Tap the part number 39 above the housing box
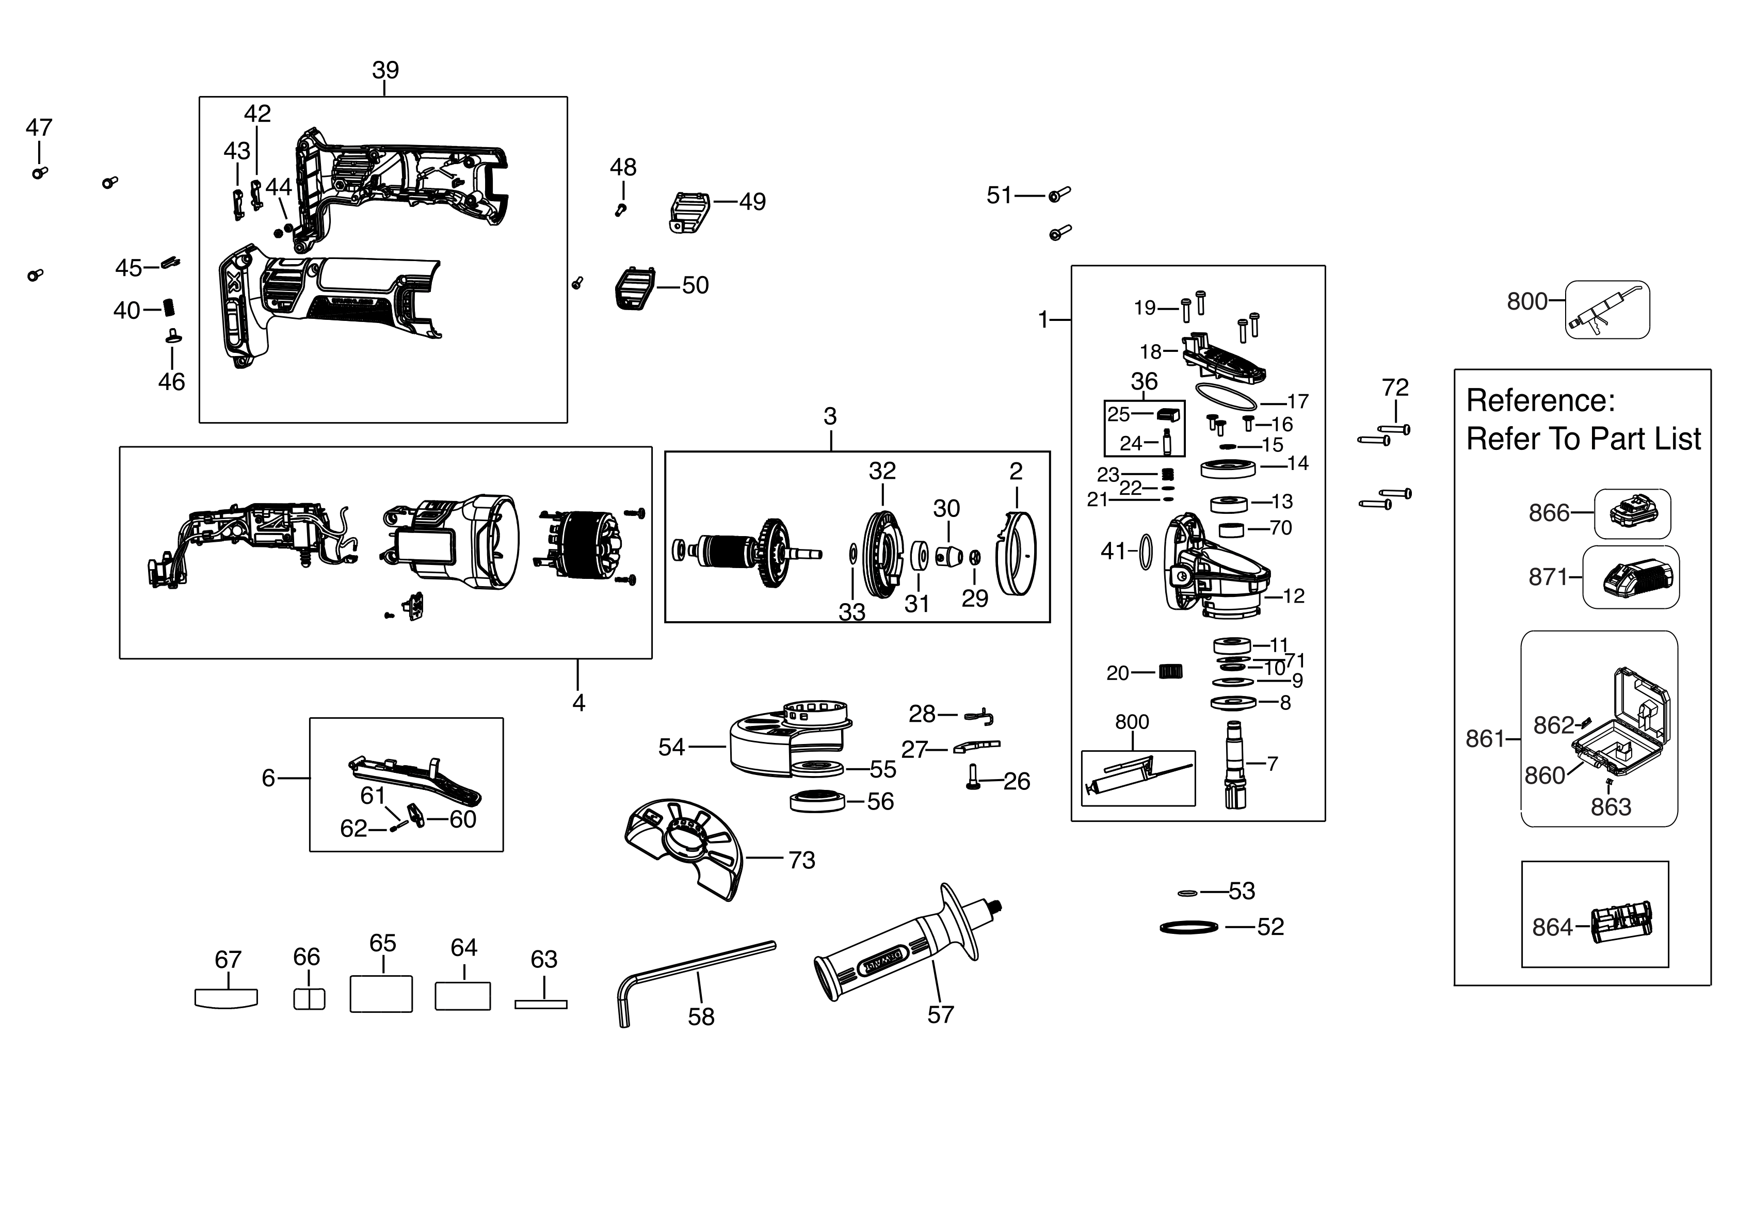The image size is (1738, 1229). [385, 70]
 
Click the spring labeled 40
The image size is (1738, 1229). [172, 308]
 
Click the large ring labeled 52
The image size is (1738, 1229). [1188, 927]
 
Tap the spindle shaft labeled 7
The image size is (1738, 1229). [1235, 764]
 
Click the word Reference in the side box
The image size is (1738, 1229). [1540, 400]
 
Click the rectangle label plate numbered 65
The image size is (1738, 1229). [381, 994]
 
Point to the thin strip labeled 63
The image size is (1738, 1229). [540, 1004]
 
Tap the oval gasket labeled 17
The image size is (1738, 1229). [1226, 396]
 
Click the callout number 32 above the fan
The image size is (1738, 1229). [882, 471]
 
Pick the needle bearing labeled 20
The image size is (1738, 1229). [1170, 671]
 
